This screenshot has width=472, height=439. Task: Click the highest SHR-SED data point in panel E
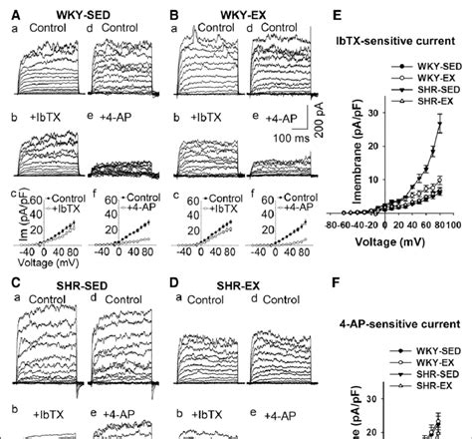(x=440, y=123)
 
